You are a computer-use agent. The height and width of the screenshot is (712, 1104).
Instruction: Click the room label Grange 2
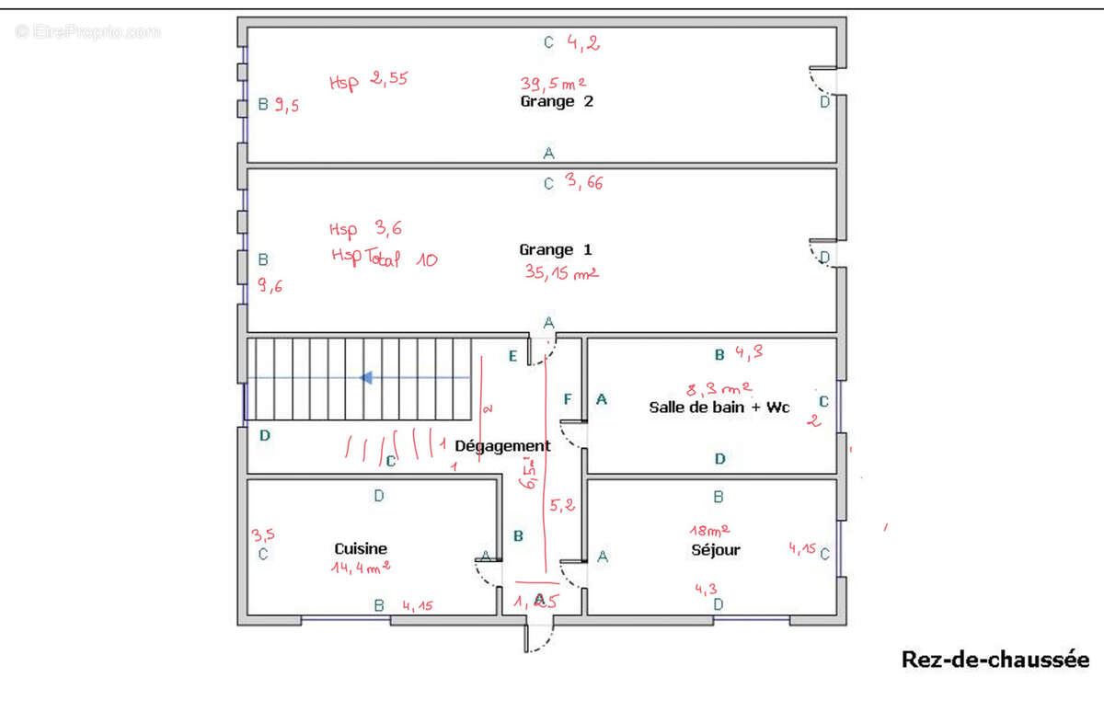tap(557, 101)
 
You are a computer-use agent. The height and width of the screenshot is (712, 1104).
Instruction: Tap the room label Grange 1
tap(556, 249)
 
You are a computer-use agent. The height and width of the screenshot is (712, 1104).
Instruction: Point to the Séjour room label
tap(716, 550)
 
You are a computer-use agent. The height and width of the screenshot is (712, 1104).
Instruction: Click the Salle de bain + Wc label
tap(719, 407)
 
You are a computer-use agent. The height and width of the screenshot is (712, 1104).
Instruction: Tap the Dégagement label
tap(502, 446)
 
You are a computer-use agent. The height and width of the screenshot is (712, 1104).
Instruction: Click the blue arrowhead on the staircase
tap(365, 377)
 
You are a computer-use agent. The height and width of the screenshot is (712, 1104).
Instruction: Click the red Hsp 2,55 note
tap(368, 80)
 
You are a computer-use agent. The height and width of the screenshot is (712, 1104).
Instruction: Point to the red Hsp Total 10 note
tap(384, 259)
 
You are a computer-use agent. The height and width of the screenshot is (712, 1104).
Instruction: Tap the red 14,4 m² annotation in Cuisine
tap(361, 568)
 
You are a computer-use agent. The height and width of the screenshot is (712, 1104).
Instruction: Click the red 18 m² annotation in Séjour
tap(710, 530)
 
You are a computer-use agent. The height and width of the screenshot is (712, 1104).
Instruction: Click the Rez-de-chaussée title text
tap(995, 660)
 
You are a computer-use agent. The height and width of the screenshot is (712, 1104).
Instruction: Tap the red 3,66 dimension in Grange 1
tap(585, 183)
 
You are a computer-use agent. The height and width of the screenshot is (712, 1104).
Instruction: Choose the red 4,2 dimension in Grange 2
tap(583, 41)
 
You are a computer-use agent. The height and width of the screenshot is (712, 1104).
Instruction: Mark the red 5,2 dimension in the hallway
tap(563, 505)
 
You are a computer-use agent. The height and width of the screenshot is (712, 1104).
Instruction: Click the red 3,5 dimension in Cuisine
tap(262, 534)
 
